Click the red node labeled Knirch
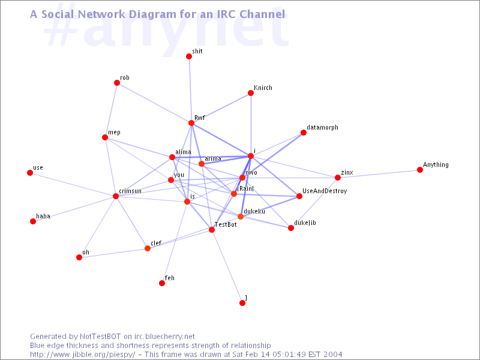(251, 93)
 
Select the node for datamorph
(304, 133)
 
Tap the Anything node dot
(420, 170)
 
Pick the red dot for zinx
(338, 178)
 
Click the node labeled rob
(117, 83)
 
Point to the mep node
(105, 137)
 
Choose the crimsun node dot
(116, 196)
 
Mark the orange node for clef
(148, 248)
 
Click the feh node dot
(162, 283)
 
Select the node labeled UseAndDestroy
(299, 196)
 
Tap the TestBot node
(212, 230)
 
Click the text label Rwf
(200, 118)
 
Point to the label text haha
(43, 216)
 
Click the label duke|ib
(305, 223)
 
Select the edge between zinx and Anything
(379, 174)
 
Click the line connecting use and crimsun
(73, 185)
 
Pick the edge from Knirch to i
(251, 125)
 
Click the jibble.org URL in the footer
(82, 355)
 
